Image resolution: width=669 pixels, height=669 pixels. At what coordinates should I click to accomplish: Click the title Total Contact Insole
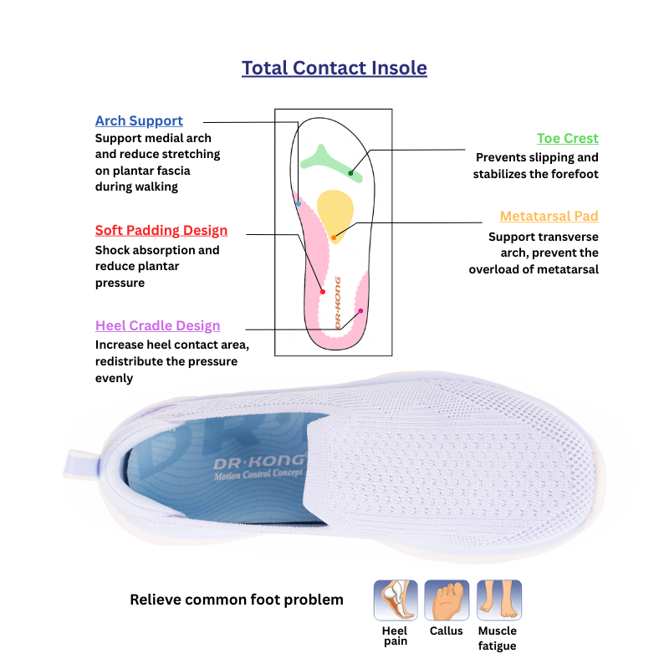coord(334,68)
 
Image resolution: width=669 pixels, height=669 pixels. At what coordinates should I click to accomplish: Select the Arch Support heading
coord(139,120)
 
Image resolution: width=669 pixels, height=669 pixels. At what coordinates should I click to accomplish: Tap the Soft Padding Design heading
coord(161,231)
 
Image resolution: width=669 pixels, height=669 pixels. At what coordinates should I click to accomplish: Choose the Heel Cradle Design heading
coord(158,325)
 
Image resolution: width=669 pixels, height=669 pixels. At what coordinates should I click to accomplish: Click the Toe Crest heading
coord(568,138)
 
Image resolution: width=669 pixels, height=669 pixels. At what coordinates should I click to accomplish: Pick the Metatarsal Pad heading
coord(549,216)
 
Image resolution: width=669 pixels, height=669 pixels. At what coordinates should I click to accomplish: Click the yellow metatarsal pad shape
coord(335,217)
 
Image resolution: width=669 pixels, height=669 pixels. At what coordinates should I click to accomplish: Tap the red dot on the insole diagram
coord(323,292)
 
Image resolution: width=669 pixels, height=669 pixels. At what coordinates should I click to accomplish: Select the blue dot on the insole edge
coord(299,204)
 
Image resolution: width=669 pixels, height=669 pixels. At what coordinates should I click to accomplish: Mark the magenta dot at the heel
coord(360,311)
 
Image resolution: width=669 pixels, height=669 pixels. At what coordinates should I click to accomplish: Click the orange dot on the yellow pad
coord(334,237)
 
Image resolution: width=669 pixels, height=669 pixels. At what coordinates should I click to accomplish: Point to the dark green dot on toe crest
coord(350,173)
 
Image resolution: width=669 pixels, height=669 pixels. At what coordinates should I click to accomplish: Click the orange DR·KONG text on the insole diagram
coord(338,303)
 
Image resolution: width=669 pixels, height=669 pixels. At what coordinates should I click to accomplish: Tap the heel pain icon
coord(396,600)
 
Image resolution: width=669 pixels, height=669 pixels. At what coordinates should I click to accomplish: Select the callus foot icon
coord(447,600)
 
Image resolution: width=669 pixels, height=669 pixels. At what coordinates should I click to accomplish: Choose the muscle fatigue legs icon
coord(499,600)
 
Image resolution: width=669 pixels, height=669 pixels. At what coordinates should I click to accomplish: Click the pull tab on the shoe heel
coord(81,464)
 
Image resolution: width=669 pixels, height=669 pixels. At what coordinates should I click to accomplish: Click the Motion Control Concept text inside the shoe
coord(258,474)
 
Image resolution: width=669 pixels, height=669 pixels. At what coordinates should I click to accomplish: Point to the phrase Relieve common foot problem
coord(237,600)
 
